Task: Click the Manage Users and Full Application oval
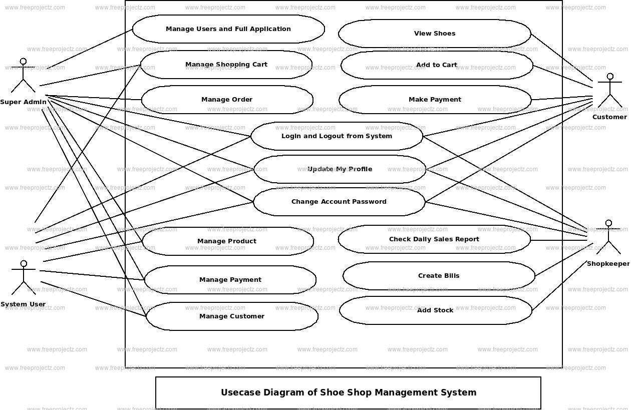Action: (228, 29)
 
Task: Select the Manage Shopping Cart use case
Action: (226, 65)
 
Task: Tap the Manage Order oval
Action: (227, 100)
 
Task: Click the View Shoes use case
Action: (435, 34)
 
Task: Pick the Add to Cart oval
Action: (437, 65)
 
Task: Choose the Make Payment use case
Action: (435, 100)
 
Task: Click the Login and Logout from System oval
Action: (337, 136)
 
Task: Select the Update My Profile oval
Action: (340, 169)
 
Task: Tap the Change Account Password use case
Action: (339, 202)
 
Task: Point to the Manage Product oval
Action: (227, 241)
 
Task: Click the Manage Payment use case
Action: (230, 280)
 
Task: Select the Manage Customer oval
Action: (232, 316)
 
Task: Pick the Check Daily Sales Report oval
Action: (434, 239)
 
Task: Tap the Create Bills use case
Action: (439, 276)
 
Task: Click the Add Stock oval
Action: (436, 310)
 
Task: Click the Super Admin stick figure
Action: (23, 76)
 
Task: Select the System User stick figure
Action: (24, 278)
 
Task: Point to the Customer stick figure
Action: (609, 91)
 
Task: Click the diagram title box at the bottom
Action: (348, 393)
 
